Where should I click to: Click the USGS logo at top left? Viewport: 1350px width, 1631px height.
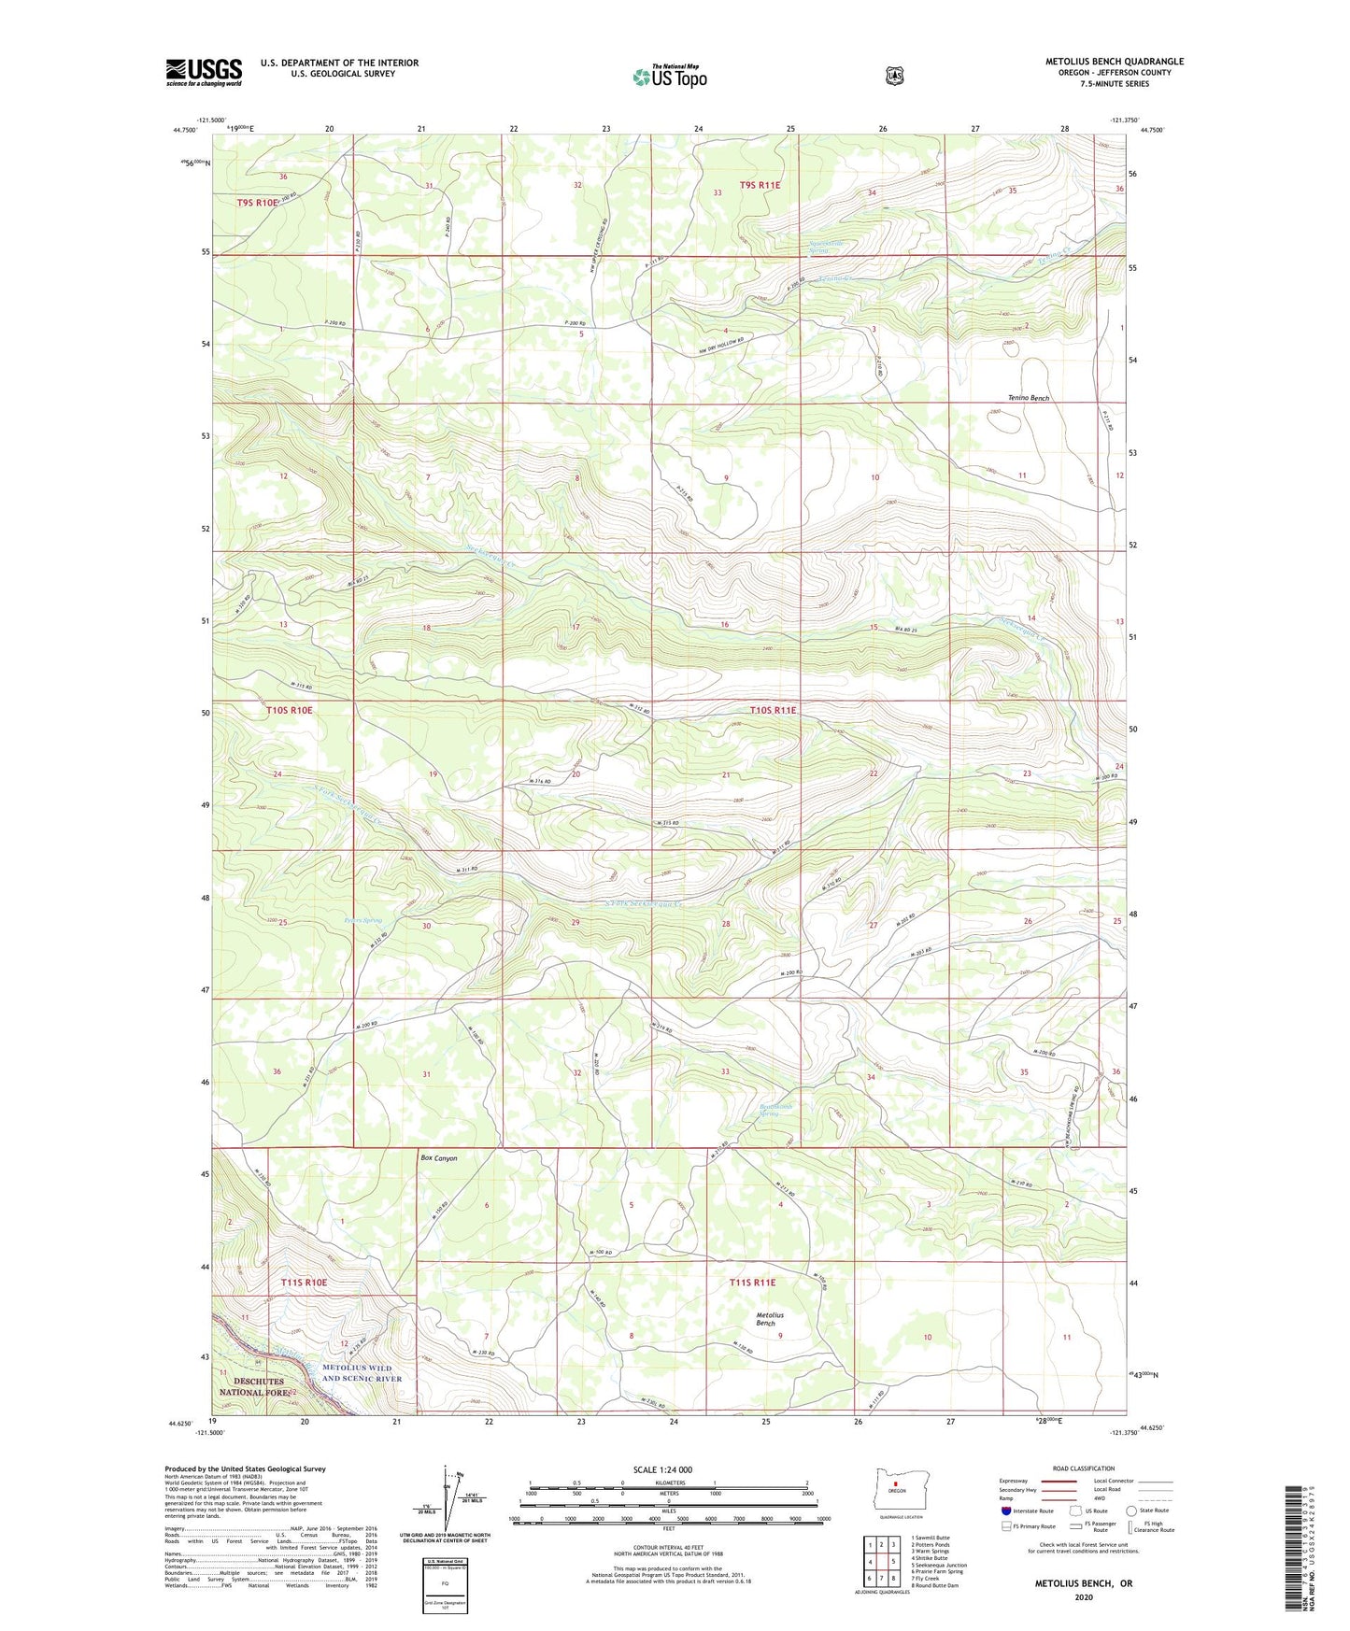pos(204,72)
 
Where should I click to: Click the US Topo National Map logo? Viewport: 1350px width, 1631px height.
pos(669,76)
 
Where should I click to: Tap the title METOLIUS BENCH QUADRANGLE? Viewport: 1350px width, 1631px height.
pos(1114,62)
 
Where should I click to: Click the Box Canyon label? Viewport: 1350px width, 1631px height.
pos(439,1158)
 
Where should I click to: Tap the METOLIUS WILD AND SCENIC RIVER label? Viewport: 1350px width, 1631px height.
pos(362,1373)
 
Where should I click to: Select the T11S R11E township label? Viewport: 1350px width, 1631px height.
pos(752,1283)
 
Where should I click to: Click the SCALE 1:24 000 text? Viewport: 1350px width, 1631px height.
pos(662,1469)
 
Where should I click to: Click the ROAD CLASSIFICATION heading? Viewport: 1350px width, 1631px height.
pos(1082,1468)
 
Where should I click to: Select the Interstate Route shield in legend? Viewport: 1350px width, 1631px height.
pos(1005,1510)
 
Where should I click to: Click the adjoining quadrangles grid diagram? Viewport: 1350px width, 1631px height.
pos(882,1560)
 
